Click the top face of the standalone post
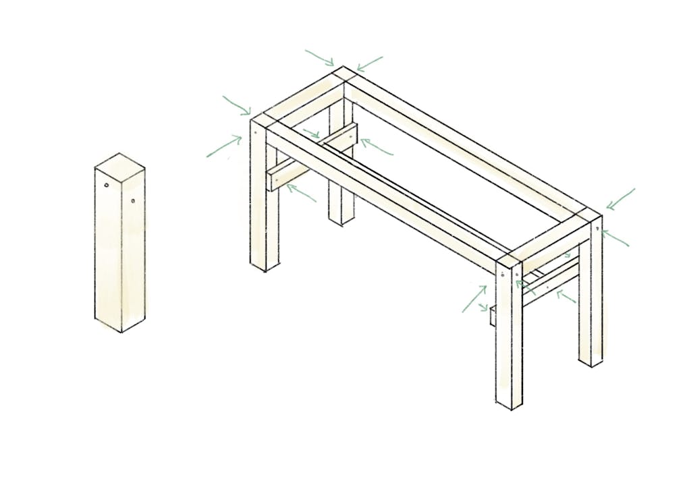(120, 165)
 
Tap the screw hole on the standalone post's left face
(107, 186)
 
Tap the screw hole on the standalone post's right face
(134, 200)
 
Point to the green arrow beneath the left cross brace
(301, 193)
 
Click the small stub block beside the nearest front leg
(493, 315)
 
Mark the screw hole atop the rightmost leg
(597, 229)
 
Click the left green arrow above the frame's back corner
(320, 57)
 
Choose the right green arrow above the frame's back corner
(370, 63)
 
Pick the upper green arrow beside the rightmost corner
(621, 199)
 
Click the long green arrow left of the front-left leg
(224, 146)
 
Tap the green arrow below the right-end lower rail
(565, 298)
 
